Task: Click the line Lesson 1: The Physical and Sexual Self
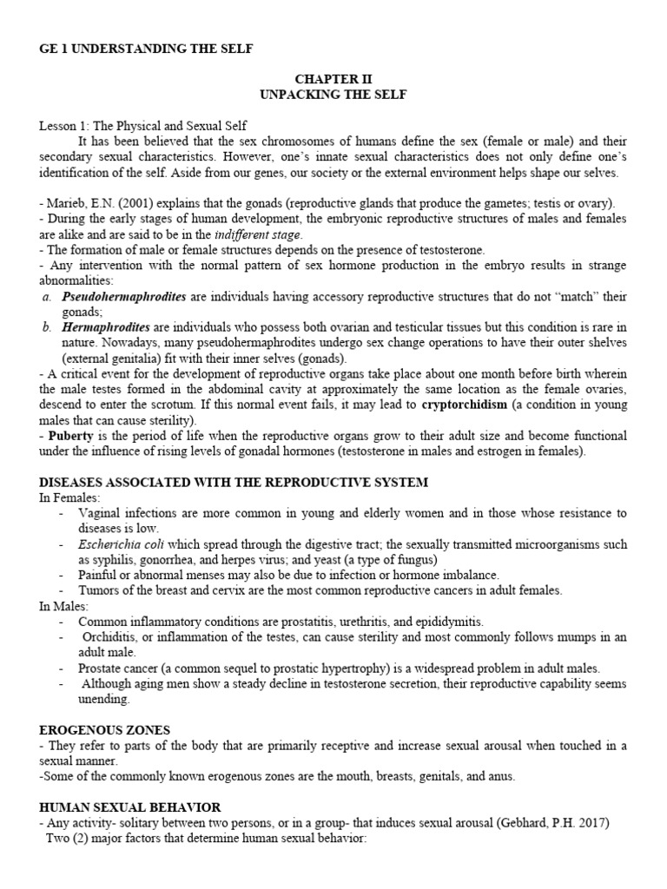pos(142,126)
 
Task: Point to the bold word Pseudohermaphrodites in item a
pos(124,297)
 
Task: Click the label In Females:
pos(69,497)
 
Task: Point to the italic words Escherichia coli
pos(118,544)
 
